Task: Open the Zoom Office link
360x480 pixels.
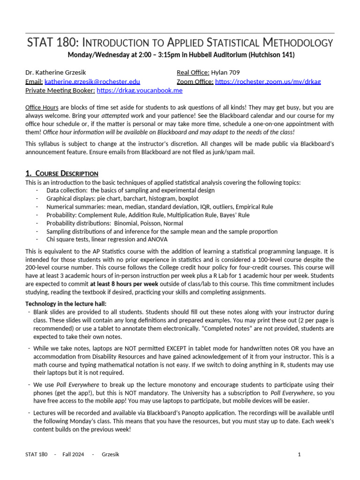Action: pos(268,82)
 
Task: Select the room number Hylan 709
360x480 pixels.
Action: pos(225,73)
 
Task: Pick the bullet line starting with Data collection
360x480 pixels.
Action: pos(130,190)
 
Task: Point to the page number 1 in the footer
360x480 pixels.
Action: pos(299,454)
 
